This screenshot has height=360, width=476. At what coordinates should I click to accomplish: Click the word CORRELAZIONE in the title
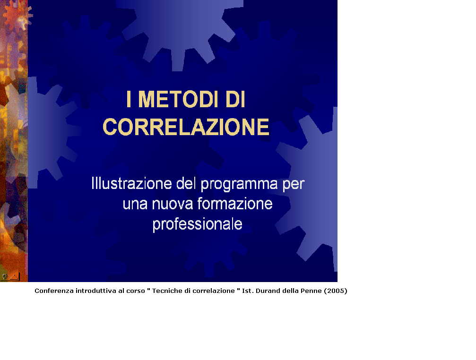coord(186,127)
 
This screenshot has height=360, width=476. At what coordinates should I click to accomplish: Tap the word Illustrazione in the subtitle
coord(132,183)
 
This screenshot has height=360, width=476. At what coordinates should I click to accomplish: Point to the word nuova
coord(173,204)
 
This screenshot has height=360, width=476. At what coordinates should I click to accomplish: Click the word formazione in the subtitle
coord(235,204)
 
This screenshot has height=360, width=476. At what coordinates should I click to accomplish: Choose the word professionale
coord(197,225)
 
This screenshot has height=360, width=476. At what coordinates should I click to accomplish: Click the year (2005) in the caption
coord(336,291)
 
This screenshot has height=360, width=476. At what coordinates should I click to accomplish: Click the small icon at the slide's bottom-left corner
coord(10,276)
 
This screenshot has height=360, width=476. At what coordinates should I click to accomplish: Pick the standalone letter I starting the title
coord(129,99)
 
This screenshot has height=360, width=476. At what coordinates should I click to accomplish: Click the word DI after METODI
coord(235,99)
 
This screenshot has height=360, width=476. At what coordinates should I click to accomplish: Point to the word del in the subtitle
coord(186,183)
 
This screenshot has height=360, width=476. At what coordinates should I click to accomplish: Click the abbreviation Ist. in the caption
coord(248,291)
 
